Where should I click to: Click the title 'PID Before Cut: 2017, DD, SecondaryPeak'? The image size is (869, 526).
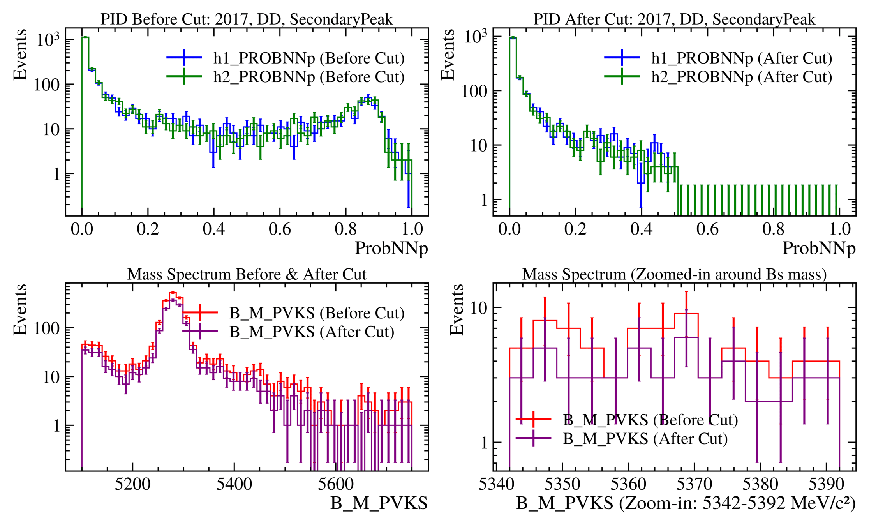point(247,19)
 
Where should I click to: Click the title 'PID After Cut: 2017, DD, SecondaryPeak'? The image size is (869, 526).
point(674,19)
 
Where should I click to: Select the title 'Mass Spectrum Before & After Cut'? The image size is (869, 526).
point(247,274)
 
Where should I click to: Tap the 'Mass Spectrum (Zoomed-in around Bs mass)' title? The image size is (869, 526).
point(674,274)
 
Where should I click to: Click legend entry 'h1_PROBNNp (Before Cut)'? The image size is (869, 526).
point(308,58)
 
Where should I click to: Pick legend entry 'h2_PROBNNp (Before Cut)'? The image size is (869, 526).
point(308,77)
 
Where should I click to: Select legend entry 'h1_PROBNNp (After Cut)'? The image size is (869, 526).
point(741,58)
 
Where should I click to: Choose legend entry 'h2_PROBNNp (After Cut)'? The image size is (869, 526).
point(741,77)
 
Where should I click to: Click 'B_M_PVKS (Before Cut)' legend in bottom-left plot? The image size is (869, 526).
point(317,313)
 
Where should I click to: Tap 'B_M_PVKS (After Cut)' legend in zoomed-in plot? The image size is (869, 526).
point(645,439)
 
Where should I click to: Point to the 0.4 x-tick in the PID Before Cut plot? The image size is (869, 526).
point(213,229)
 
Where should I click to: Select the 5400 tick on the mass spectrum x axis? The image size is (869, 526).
point(234,484)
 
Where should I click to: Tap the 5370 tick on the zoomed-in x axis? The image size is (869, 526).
point(694,484)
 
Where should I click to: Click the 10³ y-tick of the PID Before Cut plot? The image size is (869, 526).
point(48,39)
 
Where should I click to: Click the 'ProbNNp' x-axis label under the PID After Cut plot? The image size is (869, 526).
point(819,249)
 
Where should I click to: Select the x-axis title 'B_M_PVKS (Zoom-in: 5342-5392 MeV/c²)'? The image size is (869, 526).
point(686,503)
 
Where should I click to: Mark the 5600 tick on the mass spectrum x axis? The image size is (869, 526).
point(336,484)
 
